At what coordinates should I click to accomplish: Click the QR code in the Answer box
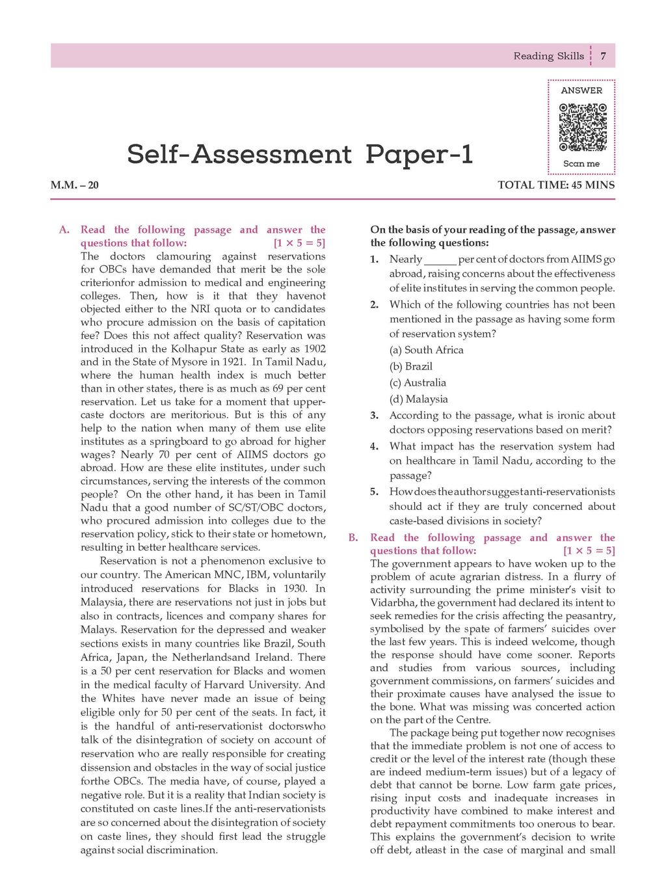click(583, 127)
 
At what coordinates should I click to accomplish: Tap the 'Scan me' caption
click(581, 164)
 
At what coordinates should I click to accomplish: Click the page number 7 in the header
click(603, 56)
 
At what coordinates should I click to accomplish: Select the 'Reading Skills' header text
click(548, 56)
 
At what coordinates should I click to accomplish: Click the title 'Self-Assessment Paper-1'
click(300, 155)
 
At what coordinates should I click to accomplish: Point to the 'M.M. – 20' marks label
click(75, 185)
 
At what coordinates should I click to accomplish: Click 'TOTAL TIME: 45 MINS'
click(556, 185)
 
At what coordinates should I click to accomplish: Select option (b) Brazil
click(411, 366)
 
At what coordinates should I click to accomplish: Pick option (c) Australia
click(418, 382)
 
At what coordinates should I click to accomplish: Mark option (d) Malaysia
click(419, 399)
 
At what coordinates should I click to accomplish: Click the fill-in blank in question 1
click(440, 260)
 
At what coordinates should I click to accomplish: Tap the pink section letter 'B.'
click(353, 538)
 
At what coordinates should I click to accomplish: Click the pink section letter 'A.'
click(64, 230)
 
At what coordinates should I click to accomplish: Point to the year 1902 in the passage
click(315, 349)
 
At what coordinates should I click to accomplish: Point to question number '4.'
click(374, 447)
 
